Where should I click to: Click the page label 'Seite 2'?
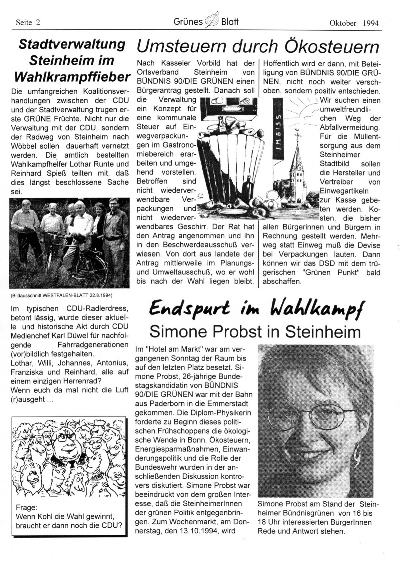click(28, 23)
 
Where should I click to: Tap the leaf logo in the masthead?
click(212, 21)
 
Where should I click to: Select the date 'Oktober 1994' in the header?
click(354, 23)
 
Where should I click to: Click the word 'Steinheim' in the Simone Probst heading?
click(325, 332)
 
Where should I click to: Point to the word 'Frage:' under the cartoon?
click(26, 508)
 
